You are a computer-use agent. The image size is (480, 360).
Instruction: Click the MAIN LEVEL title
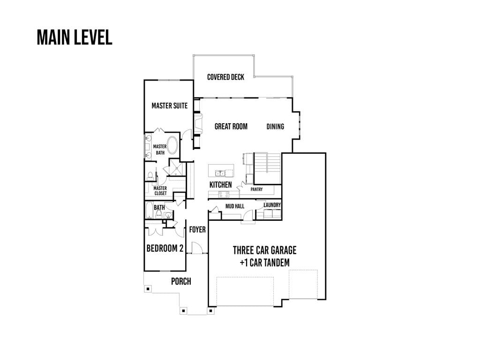[75, 37]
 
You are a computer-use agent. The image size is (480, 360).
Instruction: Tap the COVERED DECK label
[225, 77]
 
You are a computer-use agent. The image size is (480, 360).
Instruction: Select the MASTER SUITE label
[170, 106]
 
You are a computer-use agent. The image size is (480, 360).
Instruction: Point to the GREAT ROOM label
[231, 127]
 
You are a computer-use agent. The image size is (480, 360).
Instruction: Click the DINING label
[275, 127]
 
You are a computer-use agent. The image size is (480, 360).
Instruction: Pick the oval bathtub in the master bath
[172, 145]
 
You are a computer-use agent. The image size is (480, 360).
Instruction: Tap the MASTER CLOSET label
[160, 191]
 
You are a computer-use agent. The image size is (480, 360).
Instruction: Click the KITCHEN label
[221, 185]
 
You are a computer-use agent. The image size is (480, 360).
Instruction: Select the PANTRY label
[256, 189]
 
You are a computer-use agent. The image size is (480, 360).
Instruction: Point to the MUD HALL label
[235, 206]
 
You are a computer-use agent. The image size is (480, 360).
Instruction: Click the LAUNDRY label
[272, 205]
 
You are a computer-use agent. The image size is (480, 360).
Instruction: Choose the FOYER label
[197, 230]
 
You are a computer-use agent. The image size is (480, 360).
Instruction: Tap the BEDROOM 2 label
[165, 248]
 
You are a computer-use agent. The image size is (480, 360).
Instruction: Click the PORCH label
[181, 281]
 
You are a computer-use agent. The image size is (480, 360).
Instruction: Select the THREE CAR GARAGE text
[265, 250]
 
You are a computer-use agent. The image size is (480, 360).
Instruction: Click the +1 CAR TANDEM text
[265, 262]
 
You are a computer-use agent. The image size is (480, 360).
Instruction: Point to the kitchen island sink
[220, 173]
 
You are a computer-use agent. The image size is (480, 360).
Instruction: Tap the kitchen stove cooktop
[224, 194]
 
